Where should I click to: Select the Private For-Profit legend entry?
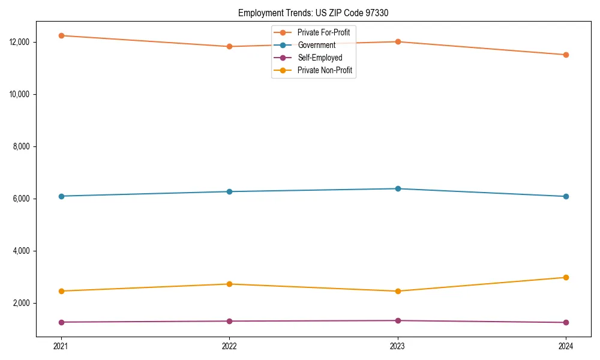coord(323,32)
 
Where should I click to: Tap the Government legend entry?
coord(316,45)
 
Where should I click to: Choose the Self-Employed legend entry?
coord(320,58)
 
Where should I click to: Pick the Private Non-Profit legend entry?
coord(325,71)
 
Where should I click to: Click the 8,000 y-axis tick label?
coord(25,147)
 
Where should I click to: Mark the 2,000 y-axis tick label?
coord(25,303)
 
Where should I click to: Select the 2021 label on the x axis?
coord(61,346)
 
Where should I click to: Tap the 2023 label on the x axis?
coord(397,346)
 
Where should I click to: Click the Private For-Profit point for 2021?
coord(61,35)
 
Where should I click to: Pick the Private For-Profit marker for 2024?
coord(566,55)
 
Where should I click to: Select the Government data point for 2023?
coord(398,188)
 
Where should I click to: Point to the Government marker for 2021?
coord(61,196)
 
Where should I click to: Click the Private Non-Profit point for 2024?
coord(566,277)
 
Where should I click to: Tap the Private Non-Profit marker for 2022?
coord(229,284)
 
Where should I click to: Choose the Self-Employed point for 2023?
coord(398,320)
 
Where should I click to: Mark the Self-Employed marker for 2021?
coord(61,322)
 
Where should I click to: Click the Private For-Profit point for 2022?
coord(229,46)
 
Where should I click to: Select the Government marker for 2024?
coord(566,196)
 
